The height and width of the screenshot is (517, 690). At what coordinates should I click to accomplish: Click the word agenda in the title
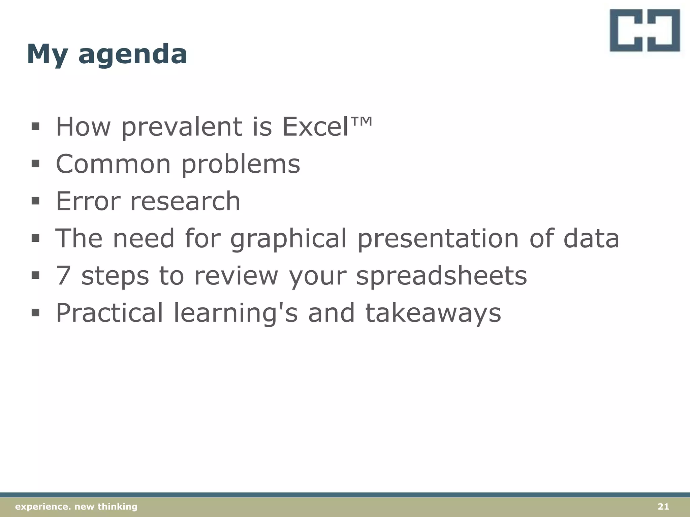coord(132,55)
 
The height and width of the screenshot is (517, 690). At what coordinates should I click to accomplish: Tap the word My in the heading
coord(46,55)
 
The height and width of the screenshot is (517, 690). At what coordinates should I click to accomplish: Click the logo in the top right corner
coord(645,30)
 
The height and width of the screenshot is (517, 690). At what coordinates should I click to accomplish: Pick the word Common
coord(113,164)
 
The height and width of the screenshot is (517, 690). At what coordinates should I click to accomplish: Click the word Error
coord(88,201)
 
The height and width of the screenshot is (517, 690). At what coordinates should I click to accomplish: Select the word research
coord(185,201)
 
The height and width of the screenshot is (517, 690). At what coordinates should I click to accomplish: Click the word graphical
coord(288,239)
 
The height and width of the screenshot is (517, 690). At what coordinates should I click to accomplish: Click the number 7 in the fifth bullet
coord(63,275)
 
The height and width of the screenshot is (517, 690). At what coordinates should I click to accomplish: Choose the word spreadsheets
coord(441,276)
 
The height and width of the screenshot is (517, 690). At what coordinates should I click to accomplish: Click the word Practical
coord(109,313)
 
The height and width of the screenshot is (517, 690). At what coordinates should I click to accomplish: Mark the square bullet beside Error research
coord(35,201)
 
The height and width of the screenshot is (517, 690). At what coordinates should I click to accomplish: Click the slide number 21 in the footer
coord(663,507)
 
